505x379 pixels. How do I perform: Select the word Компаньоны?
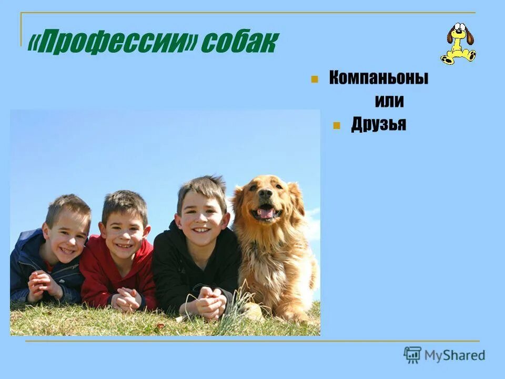[378, 78]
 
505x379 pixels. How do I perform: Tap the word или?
[389, 101]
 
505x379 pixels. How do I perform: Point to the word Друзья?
[378, 125]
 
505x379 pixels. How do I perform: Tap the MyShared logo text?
[455, 355]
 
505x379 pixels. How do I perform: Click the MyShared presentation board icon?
[412, 355]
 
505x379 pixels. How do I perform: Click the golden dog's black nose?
[266, 194]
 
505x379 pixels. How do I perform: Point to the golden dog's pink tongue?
[266, 213]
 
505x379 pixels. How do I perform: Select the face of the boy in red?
[124, 232]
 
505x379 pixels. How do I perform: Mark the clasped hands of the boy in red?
[127, 300]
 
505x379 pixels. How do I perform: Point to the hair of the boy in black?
[202, 187]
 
